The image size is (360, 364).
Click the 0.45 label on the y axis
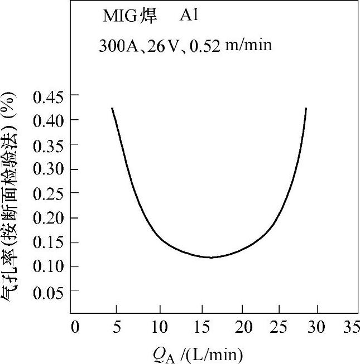point(48,96)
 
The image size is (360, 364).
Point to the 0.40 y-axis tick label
point(48,120)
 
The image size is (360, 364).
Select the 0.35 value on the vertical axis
point(48,144)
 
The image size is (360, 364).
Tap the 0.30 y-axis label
point(48,169)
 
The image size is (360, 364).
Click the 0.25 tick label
point(48,193)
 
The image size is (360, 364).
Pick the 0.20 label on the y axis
point(48,218)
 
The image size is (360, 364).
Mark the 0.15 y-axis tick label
point(48,242)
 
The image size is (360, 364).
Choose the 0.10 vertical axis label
point(48,266)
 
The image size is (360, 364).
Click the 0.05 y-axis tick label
point(48,291)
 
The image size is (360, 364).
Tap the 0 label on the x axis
point(75,327)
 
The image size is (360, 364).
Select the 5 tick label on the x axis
point(117,327)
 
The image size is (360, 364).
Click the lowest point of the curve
point(210,258)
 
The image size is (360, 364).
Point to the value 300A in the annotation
point(115,46)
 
